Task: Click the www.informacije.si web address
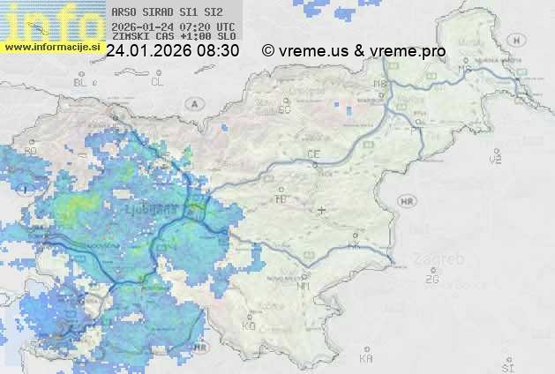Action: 51,47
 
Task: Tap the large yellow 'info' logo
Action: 51,19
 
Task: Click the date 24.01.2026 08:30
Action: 172,51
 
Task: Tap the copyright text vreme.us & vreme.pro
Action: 354,51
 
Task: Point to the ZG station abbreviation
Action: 431,280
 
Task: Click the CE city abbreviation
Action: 313,154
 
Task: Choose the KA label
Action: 366,359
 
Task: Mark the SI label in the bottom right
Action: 506,366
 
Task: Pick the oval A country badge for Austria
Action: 193,103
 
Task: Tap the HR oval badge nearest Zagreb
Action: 407,202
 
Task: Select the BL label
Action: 80,82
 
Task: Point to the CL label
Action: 157,82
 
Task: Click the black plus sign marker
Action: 321,210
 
